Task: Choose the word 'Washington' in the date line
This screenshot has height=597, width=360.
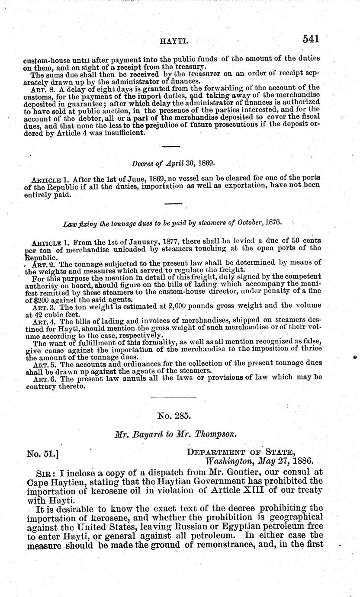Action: [x=231, y=461]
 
